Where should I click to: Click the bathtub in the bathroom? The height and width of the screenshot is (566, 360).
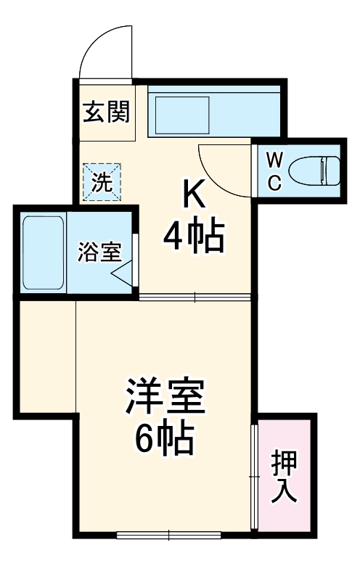tap(42, 253)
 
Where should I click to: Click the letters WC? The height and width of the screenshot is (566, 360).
tap(274, 171)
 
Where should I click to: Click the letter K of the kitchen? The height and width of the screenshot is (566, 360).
tap(193, 194)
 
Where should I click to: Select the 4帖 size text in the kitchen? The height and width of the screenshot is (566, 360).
tap(193, 236)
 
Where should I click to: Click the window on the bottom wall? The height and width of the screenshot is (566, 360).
tap(168, 536)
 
